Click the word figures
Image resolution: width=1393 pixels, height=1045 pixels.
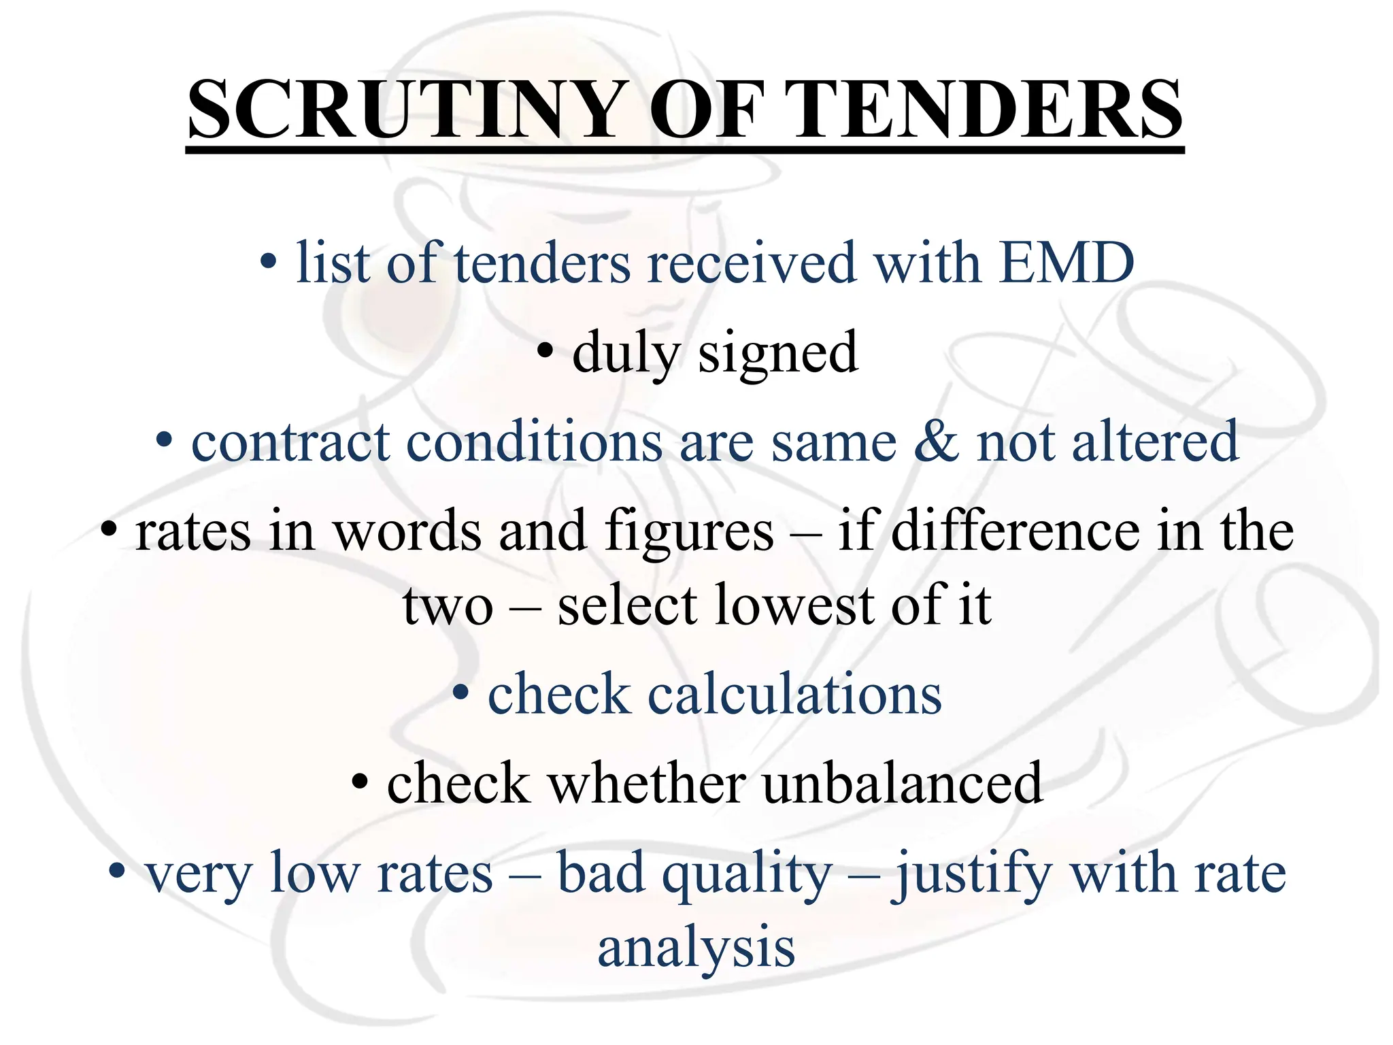[689, 531]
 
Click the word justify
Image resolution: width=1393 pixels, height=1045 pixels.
[971, 874]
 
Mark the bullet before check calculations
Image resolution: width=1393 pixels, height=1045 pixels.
[461, 693]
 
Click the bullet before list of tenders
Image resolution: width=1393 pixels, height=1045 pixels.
[269, 262]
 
